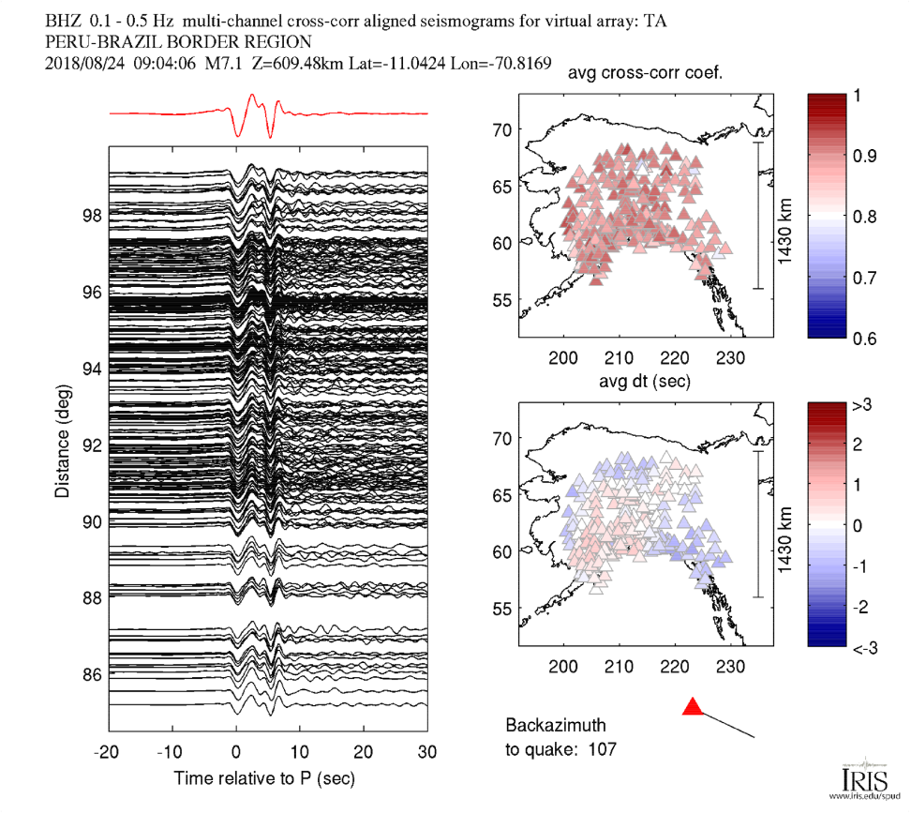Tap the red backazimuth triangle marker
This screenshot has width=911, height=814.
point(693,707)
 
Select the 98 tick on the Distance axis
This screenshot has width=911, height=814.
point(91,215)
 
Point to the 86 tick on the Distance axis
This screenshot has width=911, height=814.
point(91,673)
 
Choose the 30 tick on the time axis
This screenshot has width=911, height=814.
point(426,752)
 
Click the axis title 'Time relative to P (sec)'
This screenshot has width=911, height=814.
point(264,778)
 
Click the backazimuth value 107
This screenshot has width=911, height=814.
point(601,748)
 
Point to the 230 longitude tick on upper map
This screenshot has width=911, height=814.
point(731,357)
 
